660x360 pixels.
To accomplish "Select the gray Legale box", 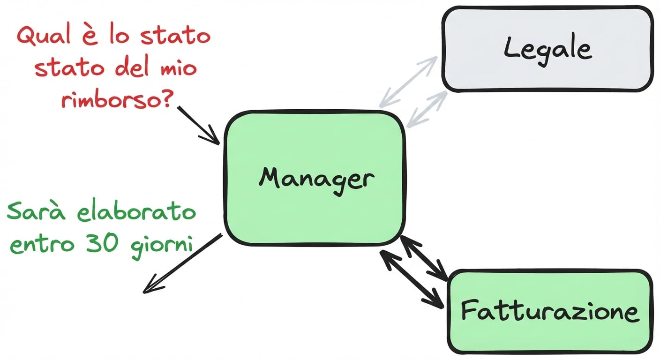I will [x=547, y=49].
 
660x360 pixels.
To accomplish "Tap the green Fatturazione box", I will [x=549, y=312].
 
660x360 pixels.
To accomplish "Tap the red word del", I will [x=132, y=68].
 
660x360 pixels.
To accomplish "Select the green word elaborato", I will [x=136, y=212].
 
